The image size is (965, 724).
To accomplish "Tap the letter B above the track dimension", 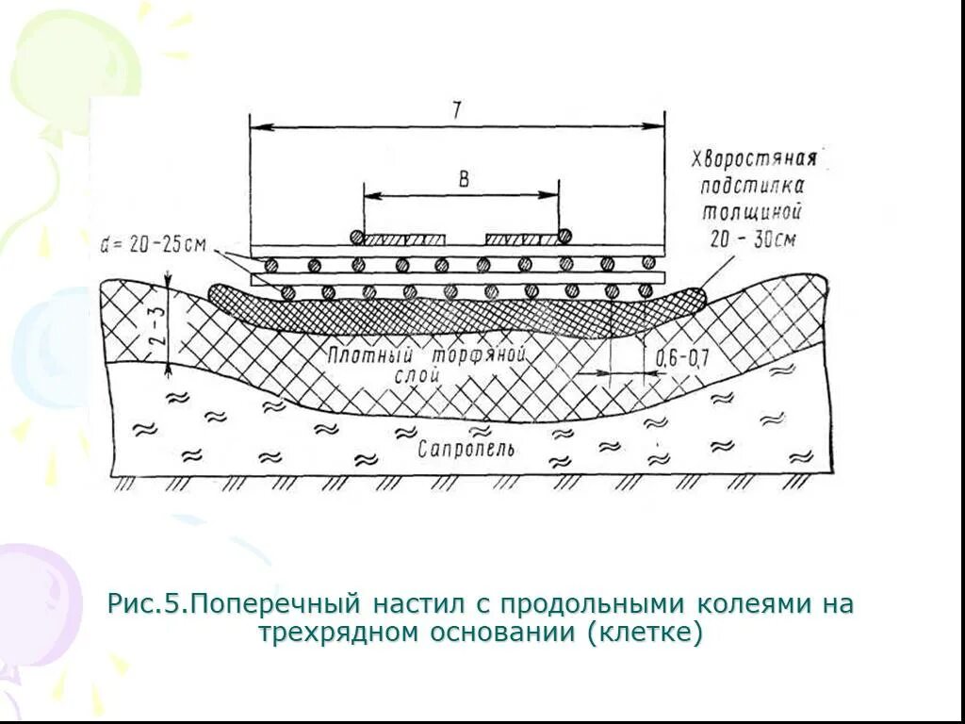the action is coord(463,180).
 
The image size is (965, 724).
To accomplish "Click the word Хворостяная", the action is coord(753,156).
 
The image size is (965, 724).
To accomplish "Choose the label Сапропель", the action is coord(466,449).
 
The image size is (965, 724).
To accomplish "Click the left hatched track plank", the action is coord(405,239).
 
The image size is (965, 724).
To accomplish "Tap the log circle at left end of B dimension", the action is coord(356,238).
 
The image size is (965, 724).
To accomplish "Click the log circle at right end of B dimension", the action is coord(564,238).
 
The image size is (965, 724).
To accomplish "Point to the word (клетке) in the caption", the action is coord(646,633).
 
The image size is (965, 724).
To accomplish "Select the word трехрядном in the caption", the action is coord(342,633).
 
